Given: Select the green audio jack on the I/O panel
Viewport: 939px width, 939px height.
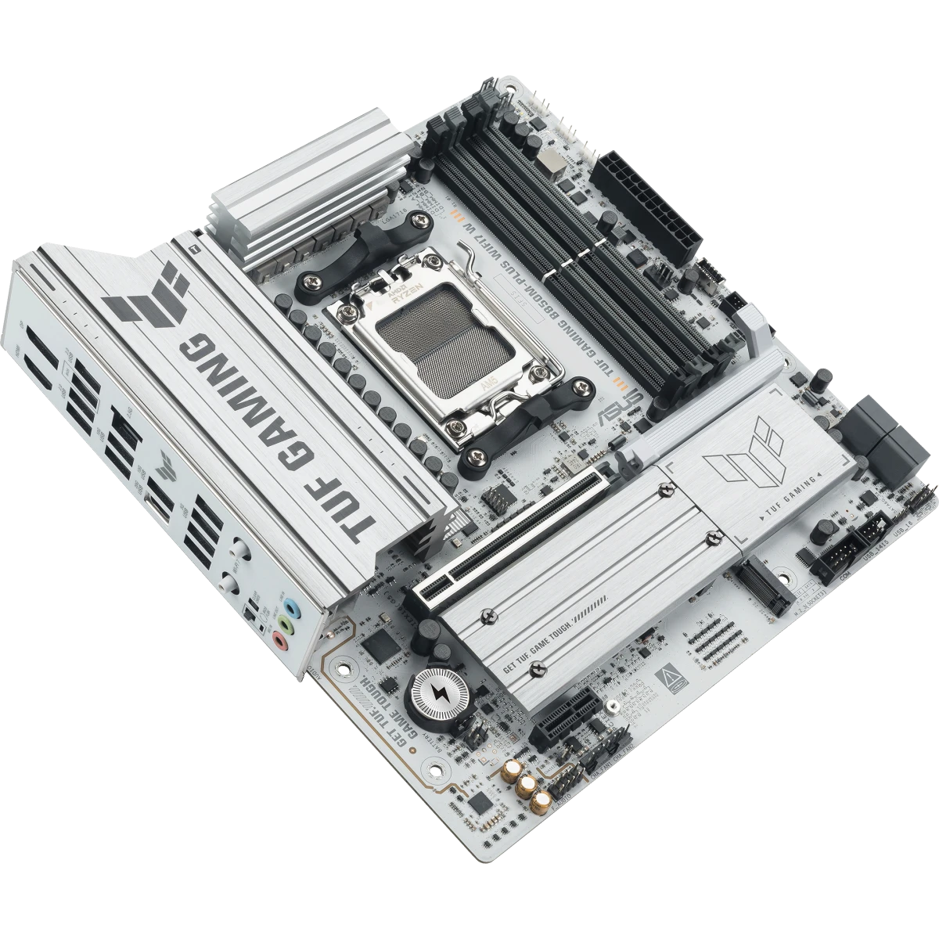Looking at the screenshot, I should [285, 626].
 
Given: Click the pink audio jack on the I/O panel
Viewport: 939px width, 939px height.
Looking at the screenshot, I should [279, 643].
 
